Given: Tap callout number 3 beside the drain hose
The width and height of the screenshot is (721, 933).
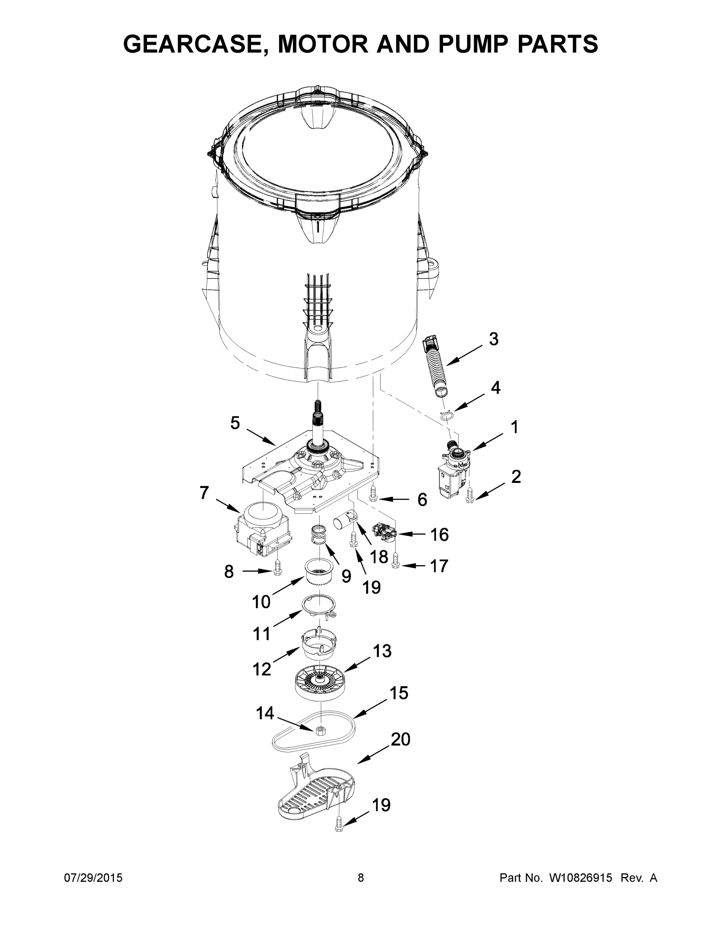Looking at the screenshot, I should coord(493,339).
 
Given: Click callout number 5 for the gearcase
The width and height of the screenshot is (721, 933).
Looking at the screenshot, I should coord(235,423).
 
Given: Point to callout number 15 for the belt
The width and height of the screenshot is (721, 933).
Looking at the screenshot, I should coord(398,693).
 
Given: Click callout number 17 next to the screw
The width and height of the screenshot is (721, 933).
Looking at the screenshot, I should coord(439,566).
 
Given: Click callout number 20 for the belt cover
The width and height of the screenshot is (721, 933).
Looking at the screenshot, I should coord(400,751).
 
